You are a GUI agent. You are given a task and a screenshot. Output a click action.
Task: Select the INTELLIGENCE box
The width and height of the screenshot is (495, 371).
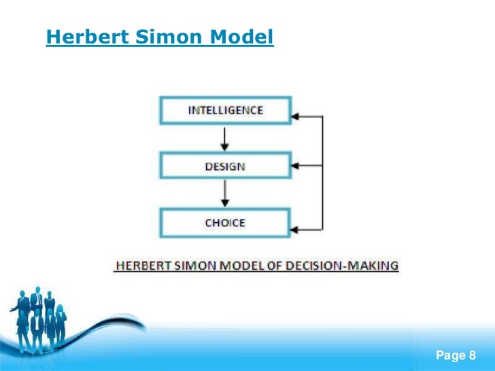click(225, 110)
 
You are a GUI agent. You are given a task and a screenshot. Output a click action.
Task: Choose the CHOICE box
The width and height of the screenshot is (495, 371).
click(225, 223)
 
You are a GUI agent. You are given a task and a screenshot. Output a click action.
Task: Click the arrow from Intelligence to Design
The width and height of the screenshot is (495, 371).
click(225, 139)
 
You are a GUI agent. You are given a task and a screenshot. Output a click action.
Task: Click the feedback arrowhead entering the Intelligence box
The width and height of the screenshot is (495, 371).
click(298, 117)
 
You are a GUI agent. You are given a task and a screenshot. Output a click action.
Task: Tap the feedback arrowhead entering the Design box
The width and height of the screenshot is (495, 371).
click(298, 165)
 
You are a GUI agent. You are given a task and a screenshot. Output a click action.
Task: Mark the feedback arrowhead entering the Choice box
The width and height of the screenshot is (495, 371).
click(298, 229)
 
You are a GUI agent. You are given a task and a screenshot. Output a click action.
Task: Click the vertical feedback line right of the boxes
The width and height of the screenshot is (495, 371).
click(322, 173)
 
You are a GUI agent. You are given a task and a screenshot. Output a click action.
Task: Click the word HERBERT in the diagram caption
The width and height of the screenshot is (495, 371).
click(139, 266)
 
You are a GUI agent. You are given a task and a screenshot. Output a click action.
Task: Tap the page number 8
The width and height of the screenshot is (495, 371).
click(473, 355)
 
